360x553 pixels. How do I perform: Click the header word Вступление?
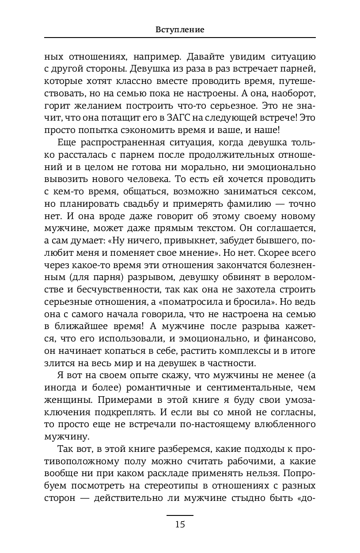coord(180,30)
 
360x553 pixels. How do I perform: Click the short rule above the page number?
coord(180,515)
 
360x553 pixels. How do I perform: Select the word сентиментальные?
coord(257,387)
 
